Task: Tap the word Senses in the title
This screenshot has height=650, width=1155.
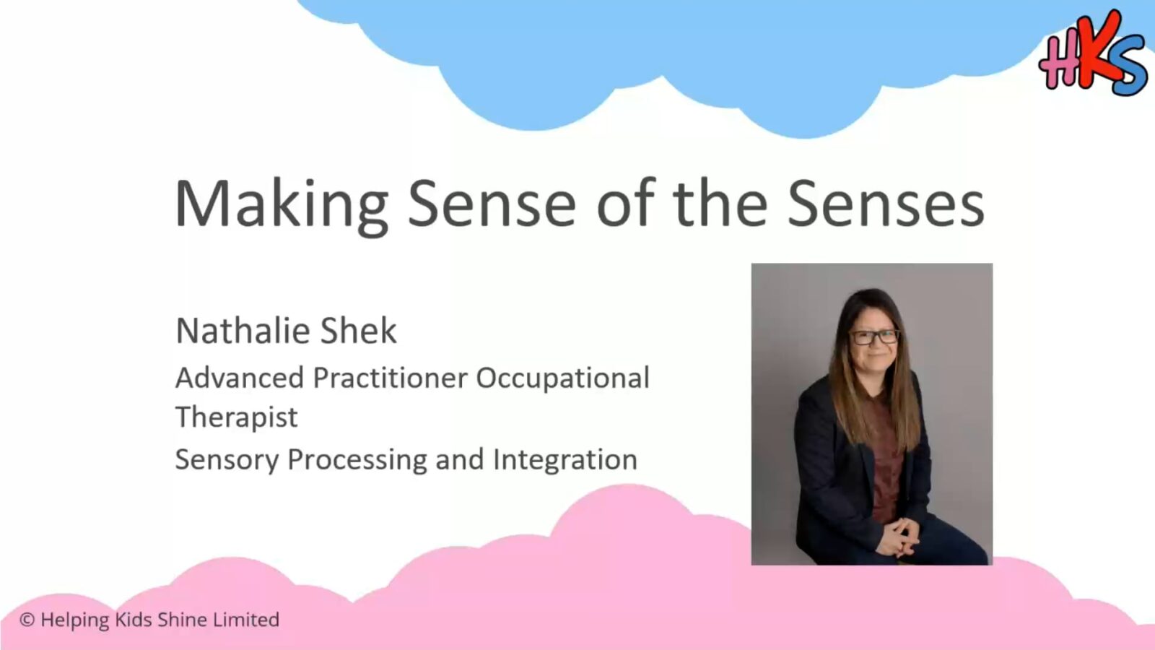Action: coord(886,204)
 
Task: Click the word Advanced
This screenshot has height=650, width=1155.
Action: coord(239,378)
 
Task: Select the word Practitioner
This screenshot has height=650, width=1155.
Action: coord(390,378)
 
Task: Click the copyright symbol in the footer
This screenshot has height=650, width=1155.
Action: coord(27,620)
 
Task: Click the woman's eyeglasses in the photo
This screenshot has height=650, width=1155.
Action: coord(875,337)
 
